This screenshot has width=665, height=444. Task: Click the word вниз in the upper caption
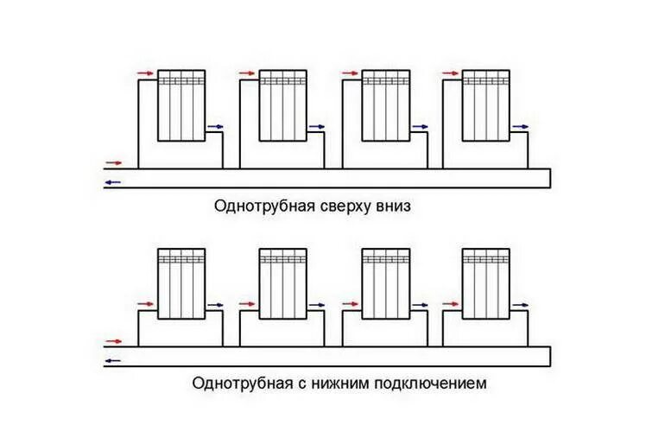pyautogui.click(x=396, y=207)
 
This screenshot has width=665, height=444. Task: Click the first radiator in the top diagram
pyautogui.click(x=181, y=105)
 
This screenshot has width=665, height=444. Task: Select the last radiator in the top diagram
pyautogui.click(x=485, y=105)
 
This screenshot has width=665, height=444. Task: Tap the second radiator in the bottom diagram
pyautogui.click(x=283, y=283)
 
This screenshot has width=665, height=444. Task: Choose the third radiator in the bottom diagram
pyautogui.click(x=384, y=283)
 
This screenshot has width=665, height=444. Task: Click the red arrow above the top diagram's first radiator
pyautogui.click(x=146, y=74)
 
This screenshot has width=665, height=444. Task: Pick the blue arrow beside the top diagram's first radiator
pyautogui.click(x=216, y=127)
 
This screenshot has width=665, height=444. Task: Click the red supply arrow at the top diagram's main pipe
pyautogui.click(x=112, y=162)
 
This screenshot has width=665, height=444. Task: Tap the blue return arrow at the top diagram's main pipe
pyautogui.click(x=112, y=183)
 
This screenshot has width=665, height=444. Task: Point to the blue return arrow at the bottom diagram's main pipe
pyautogui.click(x=112, y=360)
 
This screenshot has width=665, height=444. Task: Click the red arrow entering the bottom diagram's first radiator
pyautogui.click(x=146, y=304)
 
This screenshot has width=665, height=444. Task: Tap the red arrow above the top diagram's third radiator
pyautogui.click(x=349, y=74)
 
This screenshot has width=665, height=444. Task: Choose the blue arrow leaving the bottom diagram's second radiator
pyautogui.click(x=317, y=304)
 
